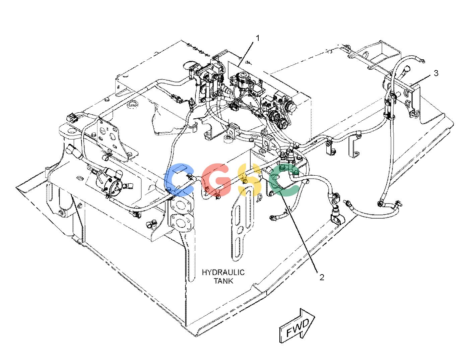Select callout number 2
coord(322,277)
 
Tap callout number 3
coord(436,73)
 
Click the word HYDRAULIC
coord(223,273)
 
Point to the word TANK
coord(223,281)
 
